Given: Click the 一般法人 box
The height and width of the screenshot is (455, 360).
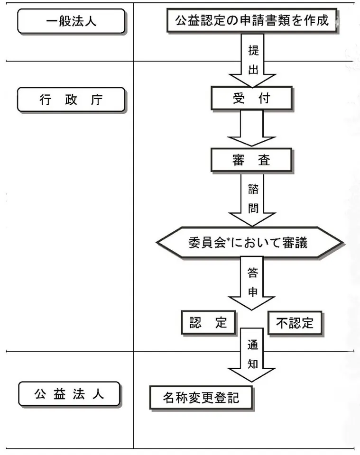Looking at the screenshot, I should pos(71,22).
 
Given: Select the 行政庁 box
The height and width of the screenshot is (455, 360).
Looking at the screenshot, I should pos(71,100).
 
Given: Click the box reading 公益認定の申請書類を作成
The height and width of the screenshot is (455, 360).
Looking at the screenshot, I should pos(251,20).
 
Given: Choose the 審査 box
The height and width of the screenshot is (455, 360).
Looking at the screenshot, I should pos(251,160).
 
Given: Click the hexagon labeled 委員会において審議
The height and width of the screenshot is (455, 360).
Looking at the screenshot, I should pos(249,242).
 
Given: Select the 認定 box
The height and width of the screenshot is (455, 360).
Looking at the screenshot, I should pos(208,323).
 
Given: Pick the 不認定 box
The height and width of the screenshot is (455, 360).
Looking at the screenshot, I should pos(295,323).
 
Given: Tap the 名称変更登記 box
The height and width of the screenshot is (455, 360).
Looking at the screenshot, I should pos(201,397).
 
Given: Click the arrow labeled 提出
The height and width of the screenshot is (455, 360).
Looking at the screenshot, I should pos(252,62).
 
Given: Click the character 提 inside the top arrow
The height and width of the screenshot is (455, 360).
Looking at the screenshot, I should pos(253,51).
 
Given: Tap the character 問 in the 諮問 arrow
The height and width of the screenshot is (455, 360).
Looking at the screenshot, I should pos(253,208).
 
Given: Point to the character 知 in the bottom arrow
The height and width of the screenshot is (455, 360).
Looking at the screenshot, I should pos(252,364).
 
